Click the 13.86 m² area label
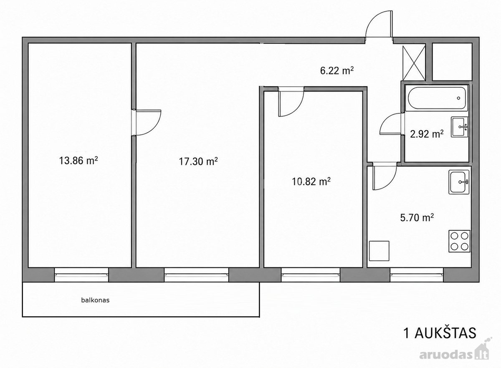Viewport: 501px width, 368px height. coord(78,160)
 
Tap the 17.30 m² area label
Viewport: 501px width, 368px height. coord(198,161)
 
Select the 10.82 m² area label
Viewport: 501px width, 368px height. coord(311,181)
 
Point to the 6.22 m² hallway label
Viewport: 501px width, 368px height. coord(337,71)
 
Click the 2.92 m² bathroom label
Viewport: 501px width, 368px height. coord(427,134)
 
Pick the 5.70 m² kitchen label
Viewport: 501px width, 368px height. coord(417,217)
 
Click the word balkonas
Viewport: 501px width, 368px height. coord(95,300)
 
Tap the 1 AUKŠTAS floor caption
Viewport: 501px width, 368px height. coord(440,339)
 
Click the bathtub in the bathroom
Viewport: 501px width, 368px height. coord(437,98)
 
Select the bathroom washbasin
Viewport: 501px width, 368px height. coord(459,127)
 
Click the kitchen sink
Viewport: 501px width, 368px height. coord(459,182)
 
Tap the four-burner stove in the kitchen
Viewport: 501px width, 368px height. coord(459,241)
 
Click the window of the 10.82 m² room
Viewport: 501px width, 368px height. coord(311,275)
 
